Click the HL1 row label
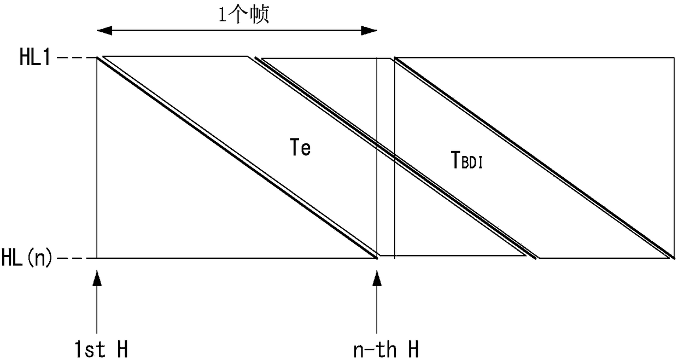(x=35, y=57)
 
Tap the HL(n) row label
(x=27, y=258)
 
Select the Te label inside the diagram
(x=300, y=148)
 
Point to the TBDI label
(x=466, y=161)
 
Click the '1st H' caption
(x=101, y=349)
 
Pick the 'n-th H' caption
(x=386, y=349)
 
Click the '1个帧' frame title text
(x=244, y=15)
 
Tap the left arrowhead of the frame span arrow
(x=104, y=31)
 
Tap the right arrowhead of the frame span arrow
(x=369, y=31)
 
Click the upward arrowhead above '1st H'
(x=97, y=278)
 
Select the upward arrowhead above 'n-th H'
(x=377, y=278)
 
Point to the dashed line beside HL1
(x=77, y=57)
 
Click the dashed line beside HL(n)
(x=77, y=258)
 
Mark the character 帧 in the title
(x=259, y=15)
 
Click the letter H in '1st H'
(x=121, y=349)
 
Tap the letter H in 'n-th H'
(x=413, y=349)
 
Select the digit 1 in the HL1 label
(x=46, y=57)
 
